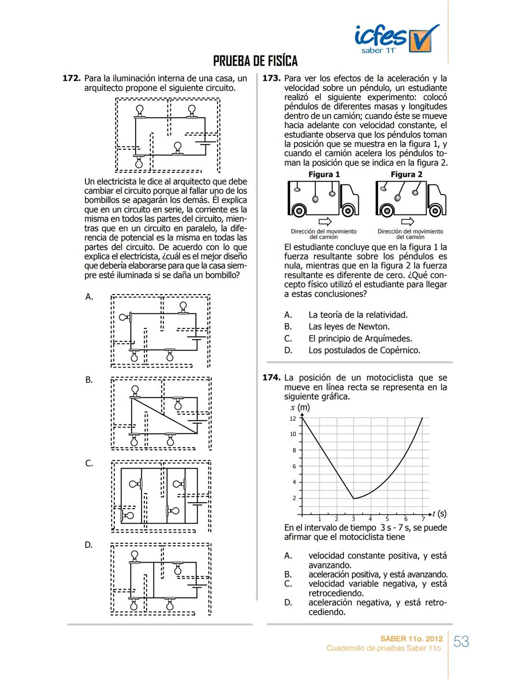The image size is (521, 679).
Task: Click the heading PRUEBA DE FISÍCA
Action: click(255, 61)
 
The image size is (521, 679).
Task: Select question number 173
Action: click(272, 78)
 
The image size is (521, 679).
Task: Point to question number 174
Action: click(272, 378)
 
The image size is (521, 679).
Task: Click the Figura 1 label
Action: click(324, 174)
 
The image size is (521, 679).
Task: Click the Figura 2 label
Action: click(406, 174)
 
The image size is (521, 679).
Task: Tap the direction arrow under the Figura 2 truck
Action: click(408, 222)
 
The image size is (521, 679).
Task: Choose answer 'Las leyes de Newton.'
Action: click(349, 327)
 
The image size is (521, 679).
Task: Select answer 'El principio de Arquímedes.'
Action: click(360, 339)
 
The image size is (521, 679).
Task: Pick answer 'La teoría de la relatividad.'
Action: click(358, 315)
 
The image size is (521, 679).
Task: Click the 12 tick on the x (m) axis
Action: click(293, 419)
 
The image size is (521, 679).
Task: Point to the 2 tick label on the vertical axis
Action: click(294, 498)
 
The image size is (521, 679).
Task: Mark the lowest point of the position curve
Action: click(354, 498)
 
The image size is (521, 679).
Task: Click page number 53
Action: click(461, 642)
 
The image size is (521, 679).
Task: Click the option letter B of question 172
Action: click(89, 380)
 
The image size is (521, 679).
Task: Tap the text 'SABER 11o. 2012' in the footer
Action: click(411, 639)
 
